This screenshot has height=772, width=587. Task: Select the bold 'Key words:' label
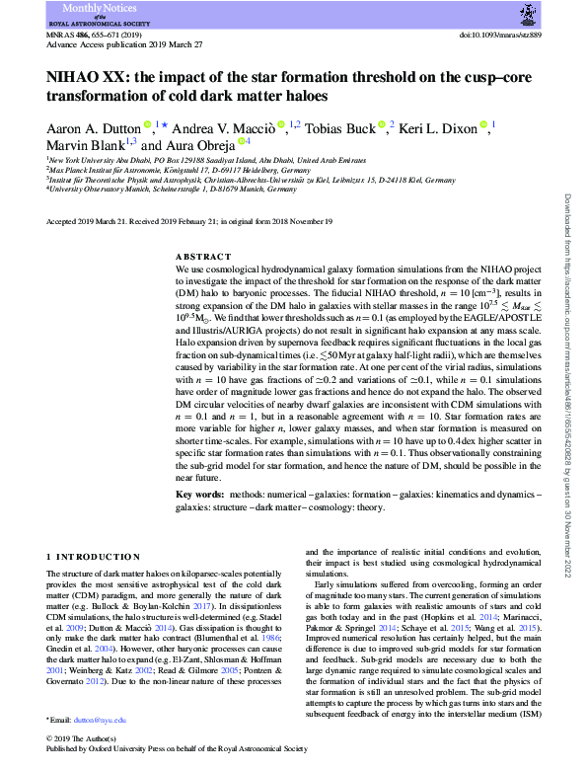point(204,466)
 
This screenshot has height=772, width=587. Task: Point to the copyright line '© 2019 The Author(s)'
point(82,738)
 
